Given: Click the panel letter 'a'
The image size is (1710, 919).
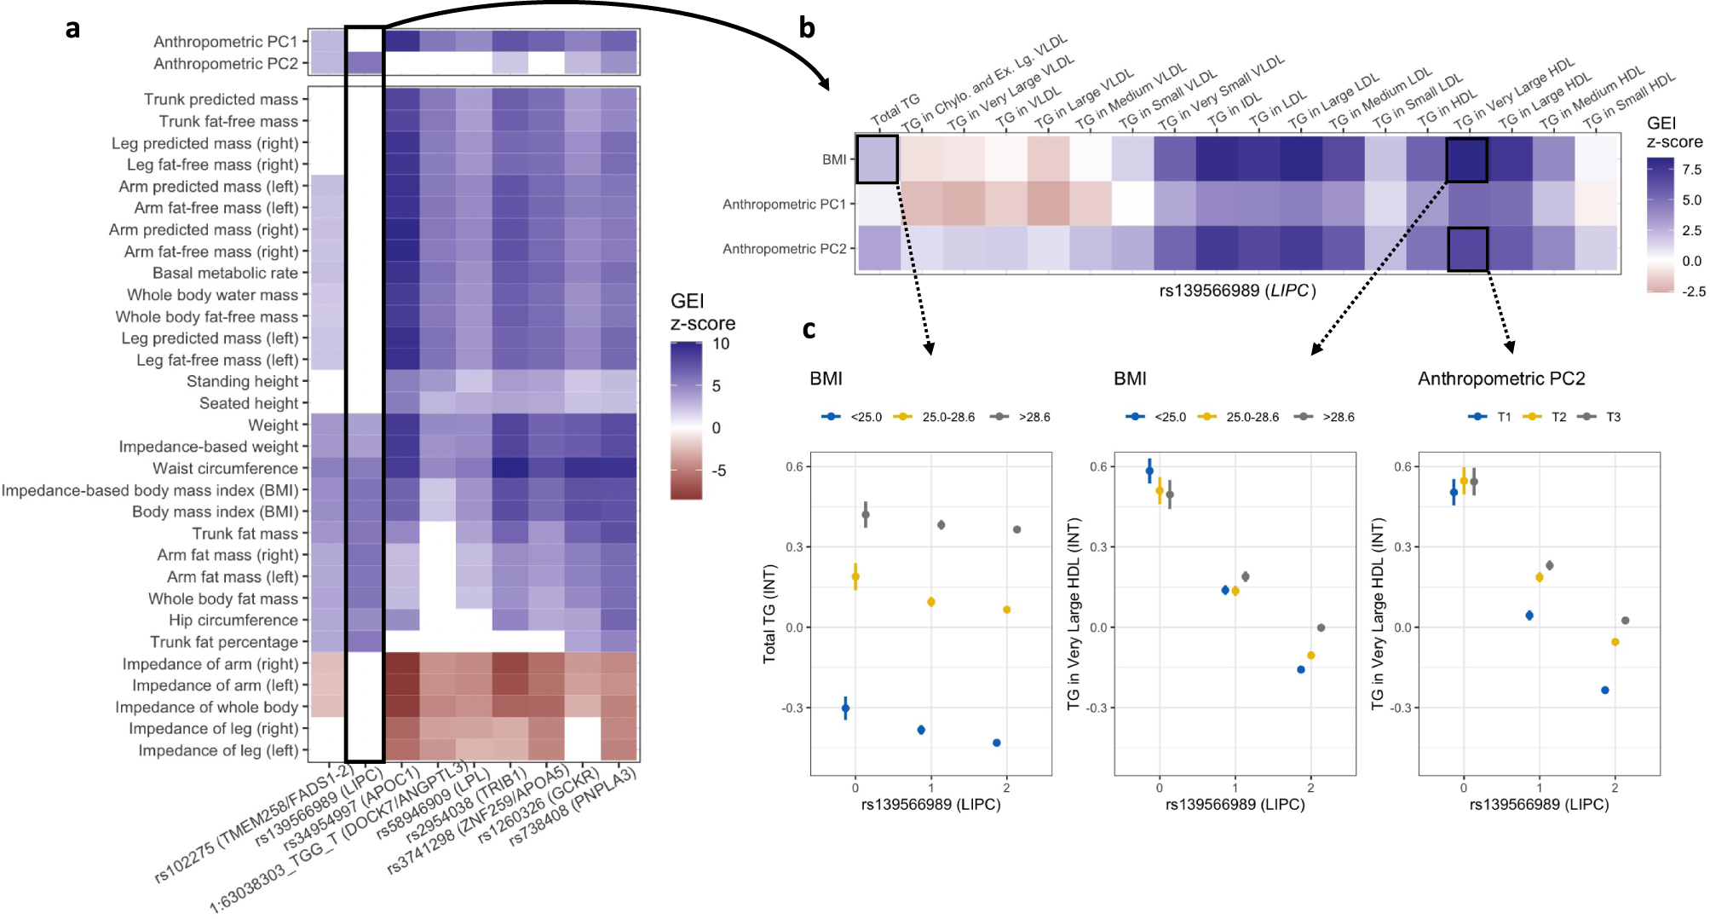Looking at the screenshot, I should pyautogui.click(x=72, y=29).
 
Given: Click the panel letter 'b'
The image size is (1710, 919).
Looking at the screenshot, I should pyautogui.click(x=806, y=29).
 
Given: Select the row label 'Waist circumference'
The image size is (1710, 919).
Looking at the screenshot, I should pyautogui.click(x=225, y=468).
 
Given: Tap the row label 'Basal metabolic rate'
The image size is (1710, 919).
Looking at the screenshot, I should pyautogui.click(x=225, y=273).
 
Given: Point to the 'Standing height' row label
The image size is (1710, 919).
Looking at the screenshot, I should pyautogui.click(x=242, y=381).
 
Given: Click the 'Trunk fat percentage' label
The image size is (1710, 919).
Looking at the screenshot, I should pyautogui.click(x=224, y=642).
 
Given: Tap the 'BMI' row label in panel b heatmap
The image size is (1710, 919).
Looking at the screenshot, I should pyautogui.click(x=834, y=159).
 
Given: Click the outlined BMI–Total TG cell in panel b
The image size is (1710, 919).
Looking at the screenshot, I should pyautogui.click(x=877, y=159).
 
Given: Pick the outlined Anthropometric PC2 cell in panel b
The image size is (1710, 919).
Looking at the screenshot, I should pyautogui.click(x=1467, y=249).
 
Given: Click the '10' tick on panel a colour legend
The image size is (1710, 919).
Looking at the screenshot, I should pyautogui.click(x=721, y=344).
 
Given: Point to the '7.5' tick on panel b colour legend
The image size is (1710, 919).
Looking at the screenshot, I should pyautogui.click(x=1691, y=170).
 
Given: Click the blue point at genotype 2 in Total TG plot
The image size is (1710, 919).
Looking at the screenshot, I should pyautogui.click(x=996, y=743).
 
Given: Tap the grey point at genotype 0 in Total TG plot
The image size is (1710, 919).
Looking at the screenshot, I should pyautogui.click(x=866, y=514).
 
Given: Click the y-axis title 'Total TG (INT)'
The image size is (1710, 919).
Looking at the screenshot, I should pyautogui.click(x=770, y=613).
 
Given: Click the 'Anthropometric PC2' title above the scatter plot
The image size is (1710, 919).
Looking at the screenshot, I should pyautogui.click(x=1500, y=379).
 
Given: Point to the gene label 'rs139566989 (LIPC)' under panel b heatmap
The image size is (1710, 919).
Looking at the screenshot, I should pyautogui.click(x=1237, y=291).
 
